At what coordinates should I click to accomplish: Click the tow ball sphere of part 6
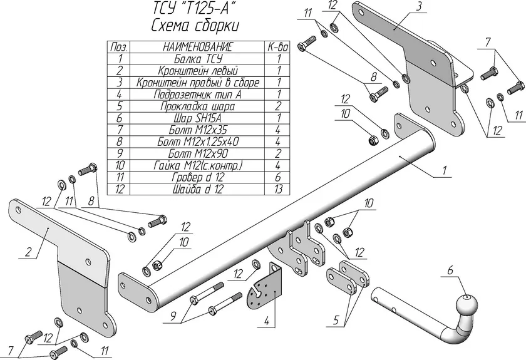tap(467, 304)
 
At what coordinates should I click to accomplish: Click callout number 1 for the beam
tap(444, 170)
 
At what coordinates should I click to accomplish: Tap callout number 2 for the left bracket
tap(28, 252)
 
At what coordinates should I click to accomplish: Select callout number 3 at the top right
tap(419, 7)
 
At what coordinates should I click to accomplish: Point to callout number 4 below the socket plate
tap(267, 321)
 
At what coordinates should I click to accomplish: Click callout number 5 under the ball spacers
tap(336, 320)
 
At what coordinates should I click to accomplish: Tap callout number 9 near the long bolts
tap(173, 317)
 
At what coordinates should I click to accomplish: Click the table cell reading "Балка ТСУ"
tap(198, 59)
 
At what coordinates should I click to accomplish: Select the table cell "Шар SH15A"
tap(198, 118)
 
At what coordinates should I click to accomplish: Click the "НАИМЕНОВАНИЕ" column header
tap(198, 46)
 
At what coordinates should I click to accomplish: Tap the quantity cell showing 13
tap(278, 189)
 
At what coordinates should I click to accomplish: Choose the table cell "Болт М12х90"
tap(198, 153)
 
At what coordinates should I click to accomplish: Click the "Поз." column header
tap(119, 47)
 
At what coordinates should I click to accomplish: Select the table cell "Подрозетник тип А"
tap(198, 95)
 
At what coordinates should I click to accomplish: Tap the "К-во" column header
tap(278, 47)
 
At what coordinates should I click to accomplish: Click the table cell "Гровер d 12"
tap(198, 177)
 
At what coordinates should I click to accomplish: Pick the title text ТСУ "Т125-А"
tap(193, 8)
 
